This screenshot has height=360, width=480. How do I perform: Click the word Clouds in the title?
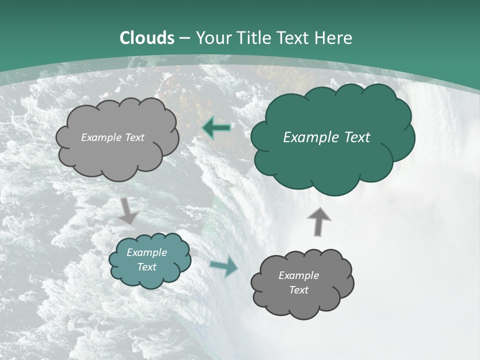147,38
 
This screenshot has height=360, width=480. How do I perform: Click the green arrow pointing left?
216,128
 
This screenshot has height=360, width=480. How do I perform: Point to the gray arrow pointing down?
129,210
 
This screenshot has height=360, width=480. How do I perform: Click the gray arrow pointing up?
318,220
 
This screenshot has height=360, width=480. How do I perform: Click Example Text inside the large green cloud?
326,137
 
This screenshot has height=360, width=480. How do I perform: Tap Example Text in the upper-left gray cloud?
112,137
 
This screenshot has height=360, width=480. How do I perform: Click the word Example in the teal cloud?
146,252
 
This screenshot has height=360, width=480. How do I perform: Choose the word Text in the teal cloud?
146,267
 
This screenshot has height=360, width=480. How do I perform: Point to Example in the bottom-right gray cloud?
298,275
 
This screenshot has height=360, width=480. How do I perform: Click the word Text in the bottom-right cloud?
298,290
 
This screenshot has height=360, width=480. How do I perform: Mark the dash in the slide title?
184,38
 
